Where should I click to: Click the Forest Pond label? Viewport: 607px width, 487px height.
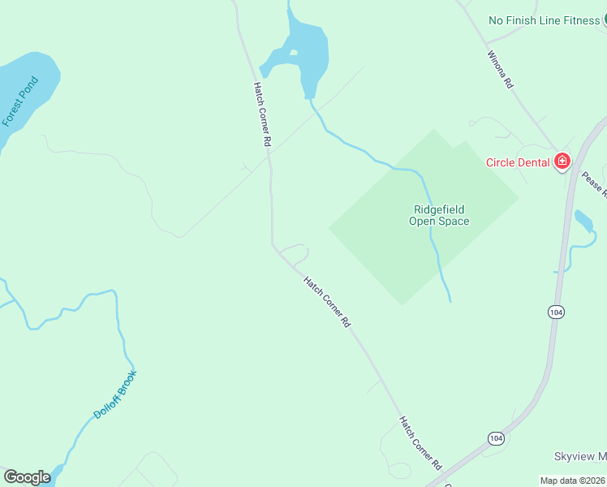pyautogui.click(x=19, y=101)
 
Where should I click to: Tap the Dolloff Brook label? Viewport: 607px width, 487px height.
pyautogui.click(x=115, y=394)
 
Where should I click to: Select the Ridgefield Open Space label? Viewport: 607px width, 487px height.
pyautogui.click(x=439, y=215)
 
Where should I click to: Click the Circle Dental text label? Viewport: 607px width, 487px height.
pyautogui.click(x=518, y=162)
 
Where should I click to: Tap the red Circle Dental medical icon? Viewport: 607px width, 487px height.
pyautogui.click(x=562, y=162)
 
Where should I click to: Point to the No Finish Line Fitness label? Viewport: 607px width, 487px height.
pyautogui.click(x=544, y=20)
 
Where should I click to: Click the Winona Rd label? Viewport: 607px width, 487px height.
pyautogui.click(x=500, y=70)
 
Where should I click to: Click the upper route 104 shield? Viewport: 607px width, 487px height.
pyautogui.click(x=555, y=312)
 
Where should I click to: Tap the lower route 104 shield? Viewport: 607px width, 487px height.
pyautogui.click(x=496, y=438)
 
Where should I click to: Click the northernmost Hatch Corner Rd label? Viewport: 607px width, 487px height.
pyautogui.click(x=260, y=114)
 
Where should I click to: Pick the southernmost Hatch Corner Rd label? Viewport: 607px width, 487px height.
pyautogui.click(x=420, y=443)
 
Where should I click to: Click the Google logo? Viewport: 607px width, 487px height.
pyautogui.click(x=27, y=477)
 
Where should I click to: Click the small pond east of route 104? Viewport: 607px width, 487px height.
pyautogui.click(x=582, y=220)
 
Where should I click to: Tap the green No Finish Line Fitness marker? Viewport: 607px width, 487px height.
pyautogui.click(x=605, y=20)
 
